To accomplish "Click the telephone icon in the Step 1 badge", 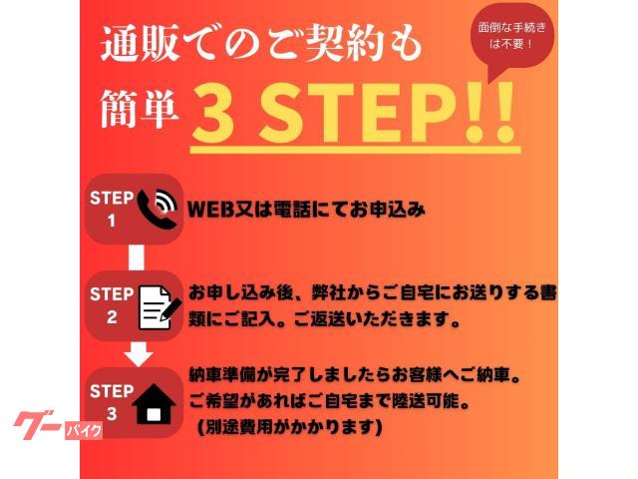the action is (157, 210).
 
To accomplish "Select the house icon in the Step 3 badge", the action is (155, 404).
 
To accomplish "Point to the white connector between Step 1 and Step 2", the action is (137, 257).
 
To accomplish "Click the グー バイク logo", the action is (58, 425).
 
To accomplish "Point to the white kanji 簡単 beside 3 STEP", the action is (140, 108).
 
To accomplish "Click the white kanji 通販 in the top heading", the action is (141, 43).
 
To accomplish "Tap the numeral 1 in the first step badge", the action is (111, 221).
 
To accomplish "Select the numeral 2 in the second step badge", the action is (112, 317).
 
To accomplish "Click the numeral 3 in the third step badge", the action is (112, 414).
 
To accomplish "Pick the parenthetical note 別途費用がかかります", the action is (289, 427).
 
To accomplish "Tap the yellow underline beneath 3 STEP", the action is (356, 150).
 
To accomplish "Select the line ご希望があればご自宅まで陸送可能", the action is (329, 402).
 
